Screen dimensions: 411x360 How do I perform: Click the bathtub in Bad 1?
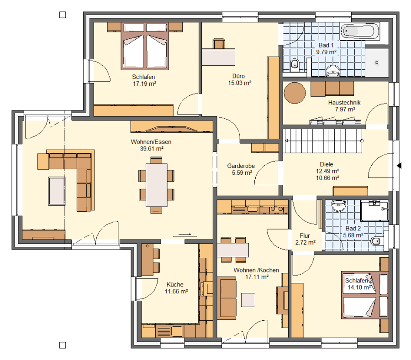point(360,31)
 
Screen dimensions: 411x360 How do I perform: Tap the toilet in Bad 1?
point(295,65)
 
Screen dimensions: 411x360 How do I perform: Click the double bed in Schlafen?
point(145,46)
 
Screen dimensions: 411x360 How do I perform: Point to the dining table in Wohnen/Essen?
point(157,185)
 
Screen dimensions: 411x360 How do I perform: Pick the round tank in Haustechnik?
point(295,93)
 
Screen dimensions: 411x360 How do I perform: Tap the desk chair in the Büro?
point(219,43)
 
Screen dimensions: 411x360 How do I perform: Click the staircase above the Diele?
point(323,141)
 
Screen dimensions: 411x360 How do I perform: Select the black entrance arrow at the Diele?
point(399,166)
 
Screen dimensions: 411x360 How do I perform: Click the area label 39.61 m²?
point(152,149)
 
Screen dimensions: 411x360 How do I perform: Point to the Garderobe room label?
point(241,166)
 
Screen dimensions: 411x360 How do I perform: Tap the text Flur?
point(305,235)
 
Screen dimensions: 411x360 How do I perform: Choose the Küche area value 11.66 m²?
point(176,292)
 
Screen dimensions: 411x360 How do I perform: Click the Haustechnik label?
point(344,102)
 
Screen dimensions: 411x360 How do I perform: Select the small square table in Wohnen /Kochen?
point(248,300)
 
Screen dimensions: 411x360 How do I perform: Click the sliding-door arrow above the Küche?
point(185,235)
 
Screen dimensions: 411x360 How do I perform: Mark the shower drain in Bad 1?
point(377,63)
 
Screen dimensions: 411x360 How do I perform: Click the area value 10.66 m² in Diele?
point(327,178)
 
